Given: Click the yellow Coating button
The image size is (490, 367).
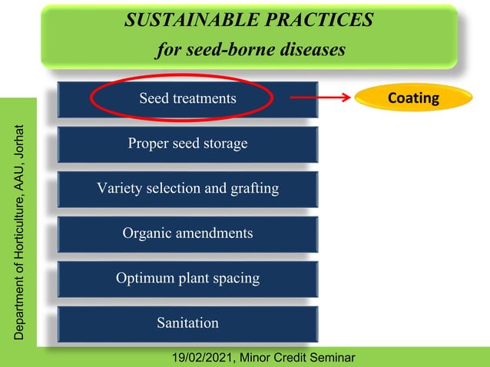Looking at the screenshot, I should click(413, 98).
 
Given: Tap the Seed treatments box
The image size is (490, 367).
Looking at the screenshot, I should click(187, 99).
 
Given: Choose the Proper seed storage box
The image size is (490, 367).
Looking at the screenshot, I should click(187, 144).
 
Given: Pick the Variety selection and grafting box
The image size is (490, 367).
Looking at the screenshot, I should click(187, 188).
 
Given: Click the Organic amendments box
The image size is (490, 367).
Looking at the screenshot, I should click(187, 233).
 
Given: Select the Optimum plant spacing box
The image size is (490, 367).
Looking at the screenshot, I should click(187, 278).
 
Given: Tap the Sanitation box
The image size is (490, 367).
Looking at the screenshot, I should click(187, 323).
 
